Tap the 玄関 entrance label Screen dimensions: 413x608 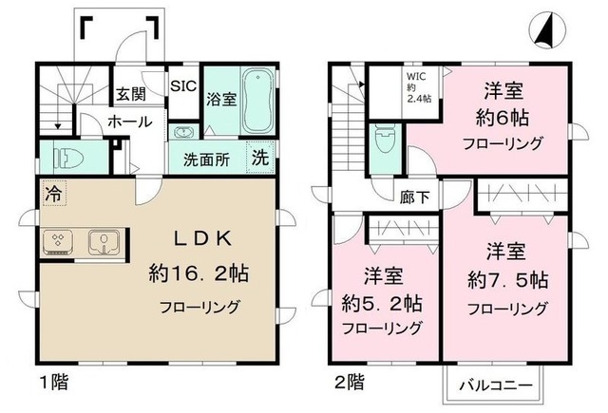[130, 95]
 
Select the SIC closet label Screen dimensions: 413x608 [182, 85]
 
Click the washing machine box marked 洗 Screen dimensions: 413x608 [259, 159]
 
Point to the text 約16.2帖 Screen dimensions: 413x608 [199, 272]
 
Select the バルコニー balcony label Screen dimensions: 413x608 [493, 386]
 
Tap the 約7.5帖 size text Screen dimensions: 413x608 [506, 280]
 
